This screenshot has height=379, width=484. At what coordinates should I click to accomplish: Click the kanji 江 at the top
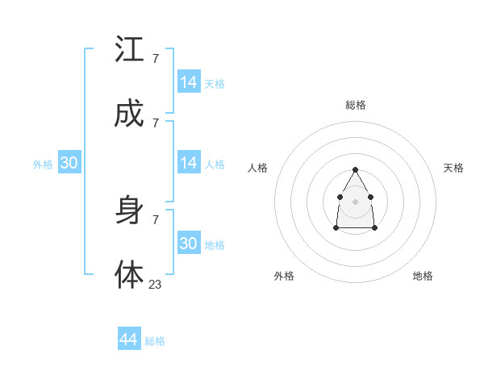point(129,50)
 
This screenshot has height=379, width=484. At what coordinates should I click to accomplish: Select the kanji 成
point(129,115)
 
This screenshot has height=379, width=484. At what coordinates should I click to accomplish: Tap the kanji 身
point(129,211)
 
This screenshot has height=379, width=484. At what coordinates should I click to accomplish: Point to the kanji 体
point(129,275)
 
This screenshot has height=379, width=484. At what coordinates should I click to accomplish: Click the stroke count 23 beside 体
point(156,284)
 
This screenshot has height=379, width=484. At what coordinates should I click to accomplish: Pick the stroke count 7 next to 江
point(156,58)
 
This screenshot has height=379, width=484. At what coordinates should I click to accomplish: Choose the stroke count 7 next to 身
point(156,219)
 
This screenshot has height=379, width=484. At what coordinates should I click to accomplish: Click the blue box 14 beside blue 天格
point(189,82)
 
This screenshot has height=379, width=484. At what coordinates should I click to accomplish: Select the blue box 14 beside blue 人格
point(189,163)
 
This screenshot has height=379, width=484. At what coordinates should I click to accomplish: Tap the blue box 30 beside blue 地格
point(189,244)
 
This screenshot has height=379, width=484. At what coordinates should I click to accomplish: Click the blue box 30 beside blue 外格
point(69,163)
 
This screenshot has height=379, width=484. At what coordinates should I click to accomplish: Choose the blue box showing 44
point(129,339)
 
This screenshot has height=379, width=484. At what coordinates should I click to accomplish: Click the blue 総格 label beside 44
point(155,341)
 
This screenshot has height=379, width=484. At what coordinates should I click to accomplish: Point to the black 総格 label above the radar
point(356,105)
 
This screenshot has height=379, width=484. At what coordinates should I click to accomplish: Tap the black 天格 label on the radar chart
point(454,168)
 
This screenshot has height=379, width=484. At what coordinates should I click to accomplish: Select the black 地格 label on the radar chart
point(423,276)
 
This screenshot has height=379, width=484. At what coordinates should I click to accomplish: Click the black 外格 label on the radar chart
point(284,276)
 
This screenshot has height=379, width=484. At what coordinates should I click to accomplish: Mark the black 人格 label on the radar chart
point(258,168)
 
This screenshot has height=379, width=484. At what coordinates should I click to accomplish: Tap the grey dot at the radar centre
point(355,200)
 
